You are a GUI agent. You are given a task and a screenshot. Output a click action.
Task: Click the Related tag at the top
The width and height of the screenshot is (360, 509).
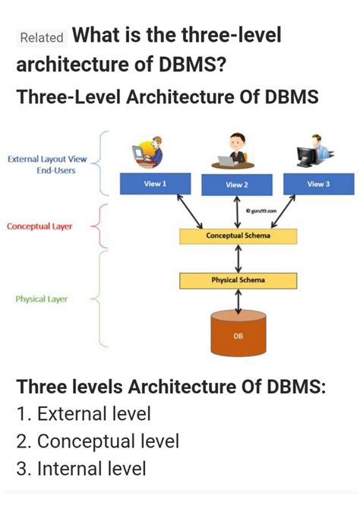(43, 37)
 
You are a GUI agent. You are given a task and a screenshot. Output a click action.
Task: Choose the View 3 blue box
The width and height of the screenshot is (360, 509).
(318, 184)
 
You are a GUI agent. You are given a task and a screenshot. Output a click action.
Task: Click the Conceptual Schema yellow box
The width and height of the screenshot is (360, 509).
(238, 236)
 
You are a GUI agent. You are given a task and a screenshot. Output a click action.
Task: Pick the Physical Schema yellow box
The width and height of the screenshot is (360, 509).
(238, 280)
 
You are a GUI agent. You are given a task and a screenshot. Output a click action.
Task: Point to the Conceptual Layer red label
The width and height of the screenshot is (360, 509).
(39, 226)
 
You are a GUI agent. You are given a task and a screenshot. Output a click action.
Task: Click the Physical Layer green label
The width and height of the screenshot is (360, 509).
(42, 299)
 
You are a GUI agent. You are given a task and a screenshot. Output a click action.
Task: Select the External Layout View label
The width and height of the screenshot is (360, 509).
(47, 160)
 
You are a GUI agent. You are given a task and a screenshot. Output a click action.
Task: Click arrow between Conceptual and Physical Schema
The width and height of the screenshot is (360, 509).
(239, 258)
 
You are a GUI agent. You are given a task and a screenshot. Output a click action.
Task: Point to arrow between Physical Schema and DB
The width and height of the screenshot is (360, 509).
(239, 302)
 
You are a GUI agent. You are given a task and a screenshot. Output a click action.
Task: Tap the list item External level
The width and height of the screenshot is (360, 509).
(84, 414)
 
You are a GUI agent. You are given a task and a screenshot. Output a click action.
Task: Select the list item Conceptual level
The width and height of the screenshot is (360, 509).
(97, 441)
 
